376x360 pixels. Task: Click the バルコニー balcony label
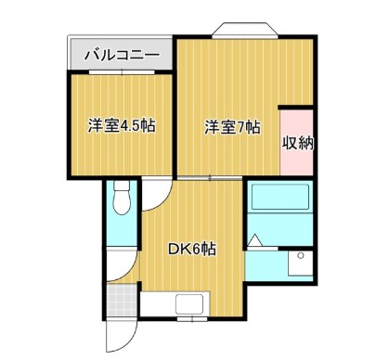[x=122, y=54]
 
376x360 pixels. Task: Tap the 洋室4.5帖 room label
[x=121, y=125]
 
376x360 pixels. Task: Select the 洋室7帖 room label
[x=232, y=127]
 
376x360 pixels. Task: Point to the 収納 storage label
[x=296, y=143]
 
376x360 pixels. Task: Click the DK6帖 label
[x=192, y=249]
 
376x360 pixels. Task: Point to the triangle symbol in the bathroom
[x=257, y=244]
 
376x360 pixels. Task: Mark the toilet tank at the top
[x=121, y=186]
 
